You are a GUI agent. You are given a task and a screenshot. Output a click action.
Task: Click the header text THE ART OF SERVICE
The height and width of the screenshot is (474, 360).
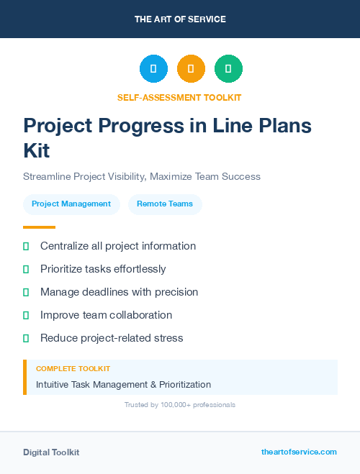180,19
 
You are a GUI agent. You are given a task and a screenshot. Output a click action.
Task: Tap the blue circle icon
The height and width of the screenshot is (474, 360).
153,69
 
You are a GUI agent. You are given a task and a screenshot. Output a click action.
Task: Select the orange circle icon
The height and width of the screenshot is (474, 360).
191,69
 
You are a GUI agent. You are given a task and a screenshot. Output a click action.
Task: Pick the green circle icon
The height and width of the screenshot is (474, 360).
228,69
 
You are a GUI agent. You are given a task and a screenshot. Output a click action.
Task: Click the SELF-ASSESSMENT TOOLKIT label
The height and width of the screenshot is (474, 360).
179,97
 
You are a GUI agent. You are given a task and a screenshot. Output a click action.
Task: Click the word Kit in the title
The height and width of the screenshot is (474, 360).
37,151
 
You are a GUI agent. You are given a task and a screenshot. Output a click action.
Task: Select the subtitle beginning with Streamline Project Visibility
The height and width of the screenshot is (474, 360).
142,176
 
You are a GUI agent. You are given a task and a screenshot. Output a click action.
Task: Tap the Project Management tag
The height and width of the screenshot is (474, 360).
71,204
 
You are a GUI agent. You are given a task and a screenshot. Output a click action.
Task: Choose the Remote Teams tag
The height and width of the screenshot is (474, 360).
165,204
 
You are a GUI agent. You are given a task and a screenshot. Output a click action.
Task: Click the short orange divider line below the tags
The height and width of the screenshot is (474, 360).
39,227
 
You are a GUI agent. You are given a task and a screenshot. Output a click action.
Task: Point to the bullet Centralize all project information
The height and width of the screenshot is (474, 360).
117,246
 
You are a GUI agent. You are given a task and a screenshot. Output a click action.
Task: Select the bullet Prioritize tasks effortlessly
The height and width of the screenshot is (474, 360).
103,269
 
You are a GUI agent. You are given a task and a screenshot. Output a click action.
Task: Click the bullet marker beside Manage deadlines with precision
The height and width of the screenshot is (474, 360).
26,292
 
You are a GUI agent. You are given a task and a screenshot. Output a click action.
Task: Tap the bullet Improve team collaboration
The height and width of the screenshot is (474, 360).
106,315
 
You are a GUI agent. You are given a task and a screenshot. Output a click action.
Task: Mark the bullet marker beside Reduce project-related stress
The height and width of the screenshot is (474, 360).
26,338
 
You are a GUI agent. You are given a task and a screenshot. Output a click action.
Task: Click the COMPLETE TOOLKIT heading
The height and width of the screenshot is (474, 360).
73,369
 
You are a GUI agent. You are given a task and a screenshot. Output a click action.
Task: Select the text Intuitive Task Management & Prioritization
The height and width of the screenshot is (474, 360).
123,385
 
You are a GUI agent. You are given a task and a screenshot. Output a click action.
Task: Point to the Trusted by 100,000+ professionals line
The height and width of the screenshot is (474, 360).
179,405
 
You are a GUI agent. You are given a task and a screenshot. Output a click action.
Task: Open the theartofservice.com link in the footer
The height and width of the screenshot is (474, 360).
299,452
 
